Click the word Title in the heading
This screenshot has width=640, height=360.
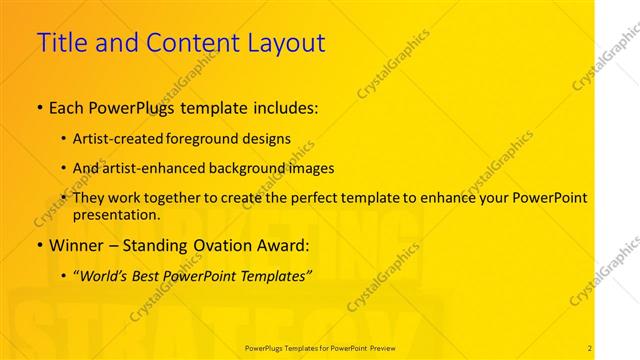click(x=61, y=43)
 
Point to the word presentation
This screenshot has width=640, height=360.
click(x=115, y=214)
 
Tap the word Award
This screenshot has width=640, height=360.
click(x=286, y=244)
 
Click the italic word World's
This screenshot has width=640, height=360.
click(x=104, y=274)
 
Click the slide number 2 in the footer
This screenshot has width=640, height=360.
click(x=590, y=348)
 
